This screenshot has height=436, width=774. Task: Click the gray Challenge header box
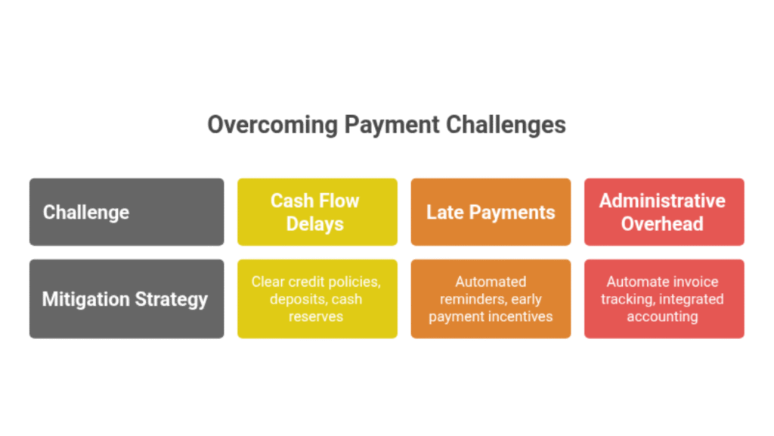(126, 212)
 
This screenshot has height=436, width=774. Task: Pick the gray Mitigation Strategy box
(126, 299)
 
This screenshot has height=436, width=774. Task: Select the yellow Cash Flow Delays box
(317, 212)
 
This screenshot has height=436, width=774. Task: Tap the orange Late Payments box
(491, 212)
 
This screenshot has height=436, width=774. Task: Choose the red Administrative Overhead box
(664, 212)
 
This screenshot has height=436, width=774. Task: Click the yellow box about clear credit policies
(317, 299)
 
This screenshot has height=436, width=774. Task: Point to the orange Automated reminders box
(491, 299)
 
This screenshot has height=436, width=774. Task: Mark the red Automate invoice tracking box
(664, 299)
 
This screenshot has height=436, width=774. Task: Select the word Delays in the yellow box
(315, 224)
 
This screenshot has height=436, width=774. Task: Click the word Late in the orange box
(444, 213)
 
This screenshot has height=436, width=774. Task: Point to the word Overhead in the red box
(662, 224)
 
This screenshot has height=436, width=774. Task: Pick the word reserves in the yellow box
(316, 316)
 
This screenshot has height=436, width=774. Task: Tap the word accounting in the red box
(662, 316)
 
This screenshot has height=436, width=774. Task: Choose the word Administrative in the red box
(662, 201)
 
